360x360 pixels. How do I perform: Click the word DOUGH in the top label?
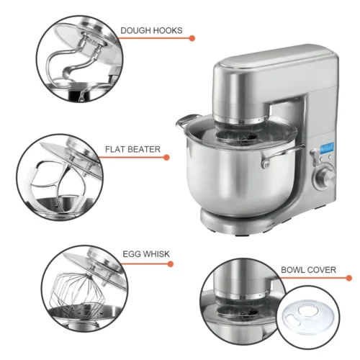pyautogui.click(x=135, y=31)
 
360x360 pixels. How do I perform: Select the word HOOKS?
pyautogui.click(x=167, y=31)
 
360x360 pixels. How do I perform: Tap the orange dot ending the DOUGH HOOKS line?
pyautogui.click(x=192, y=37)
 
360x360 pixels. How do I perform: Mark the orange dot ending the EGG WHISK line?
pyautogui.click(x=171, y=264)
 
